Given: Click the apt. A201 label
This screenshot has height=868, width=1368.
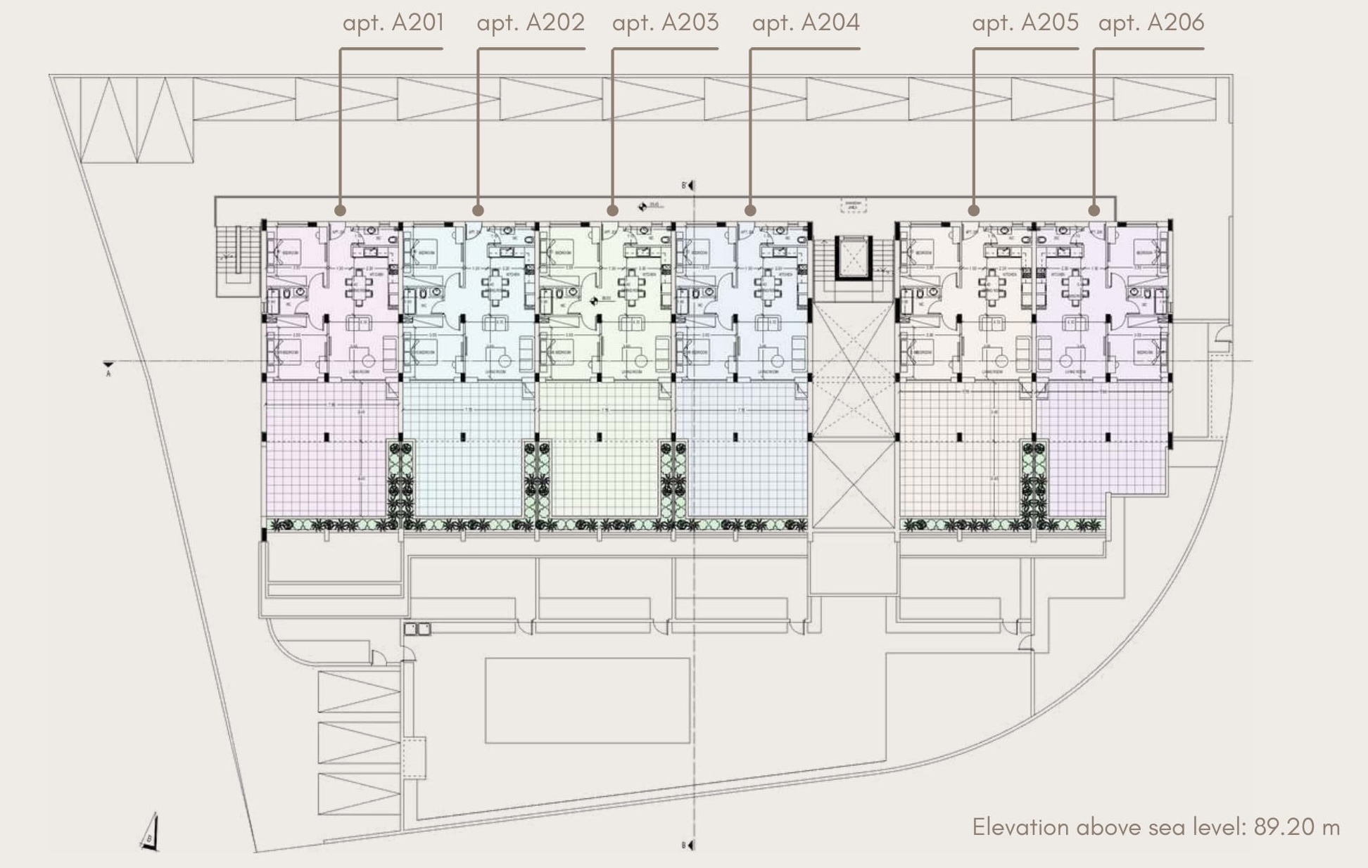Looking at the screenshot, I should [x=393, y=23].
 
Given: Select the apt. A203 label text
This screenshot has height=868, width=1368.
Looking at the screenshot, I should [x=665, y=23].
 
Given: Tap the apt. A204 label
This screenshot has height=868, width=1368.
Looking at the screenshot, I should [x=806, y=23].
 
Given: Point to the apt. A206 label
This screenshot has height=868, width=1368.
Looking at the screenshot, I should [x=1151, y=23].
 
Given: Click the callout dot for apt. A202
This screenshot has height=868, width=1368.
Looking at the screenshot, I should [x=479, y=210].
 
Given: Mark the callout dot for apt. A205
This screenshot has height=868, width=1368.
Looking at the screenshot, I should [x=974, y=210].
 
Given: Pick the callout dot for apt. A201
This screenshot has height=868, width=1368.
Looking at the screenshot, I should [x=341, y=210].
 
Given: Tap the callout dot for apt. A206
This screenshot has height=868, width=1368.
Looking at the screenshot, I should [x=1094, y=210].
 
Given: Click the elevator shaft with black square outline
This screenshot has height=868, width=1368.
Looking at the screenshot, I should [x=854, y=258].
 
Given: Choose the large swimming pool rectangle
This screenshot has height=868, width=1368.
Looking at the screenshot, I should [x=587, y=700].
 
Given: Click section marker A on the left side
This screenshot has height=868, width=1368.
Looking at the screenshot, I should [x=108, y=366].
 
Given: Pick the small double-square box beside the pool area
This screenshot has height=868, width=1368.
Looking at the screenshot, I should [x=417, y=629].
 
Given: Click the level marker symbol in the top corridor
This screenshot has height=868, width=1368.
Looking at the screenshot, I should [x=643, y=206].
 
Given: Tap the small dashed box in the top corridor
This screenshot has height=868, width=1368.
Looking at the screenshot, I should [x=853, y=205].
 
